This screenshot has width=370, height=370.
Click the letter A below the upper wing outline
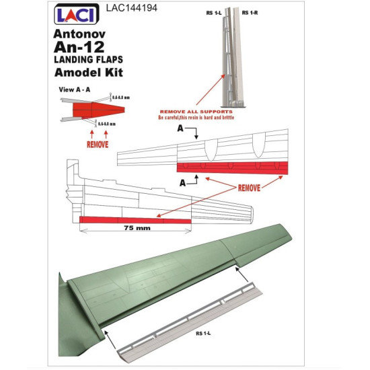[182, 182]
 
